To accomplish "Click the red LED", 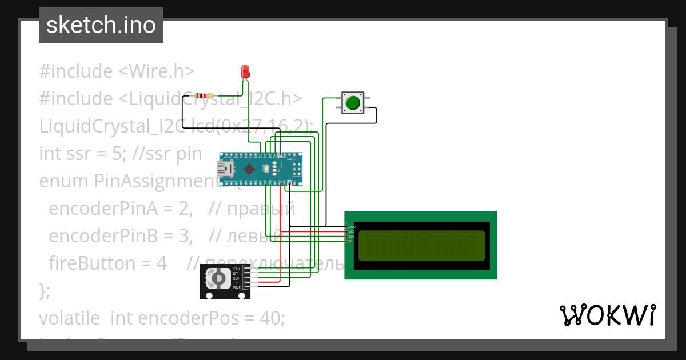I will click(245, 71).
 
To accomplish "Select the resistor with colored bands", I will click(204, 96).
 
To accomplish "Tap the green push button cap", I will click(353, 103).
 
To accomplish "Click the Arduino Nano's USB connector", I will click(222, 169).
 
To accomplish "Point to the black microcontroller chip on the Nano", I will click(250, 169).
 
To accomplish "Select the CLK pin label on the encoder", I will click(236, 269).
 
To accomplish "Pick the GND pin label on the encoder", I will click(237, 287).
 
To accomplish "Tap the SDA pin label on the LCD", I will click(352, 236).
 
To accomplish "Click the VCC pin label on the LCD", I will click(352, 231).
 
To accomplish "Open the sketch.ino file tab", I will click(101, 25).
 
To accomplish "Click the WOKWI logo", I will click(607, 315).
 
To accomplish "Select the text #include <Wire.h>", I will click(117, 71).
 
